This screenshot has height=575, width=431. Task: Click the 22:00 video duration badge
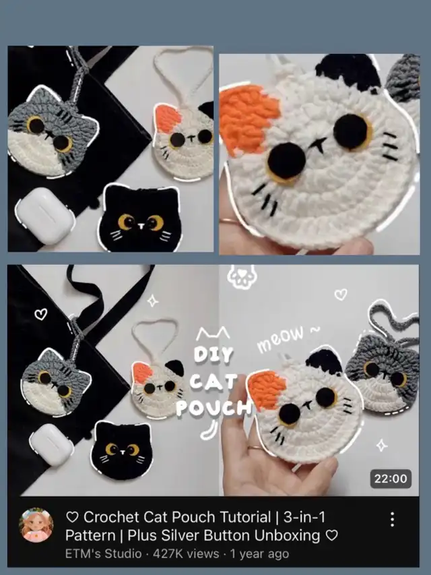(x=391, y=479)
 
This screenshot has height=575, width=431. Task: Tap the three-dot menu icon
(x=392, y=519)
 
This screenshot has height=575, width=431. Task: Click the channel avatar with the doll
(x=36, y=525)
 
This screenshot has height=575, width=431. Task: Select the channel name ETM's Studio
(x=103, y=553)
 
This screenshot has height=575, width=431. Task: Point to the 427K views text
(x=186, y=553)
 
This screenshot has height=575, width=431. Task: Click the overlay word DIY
(x=213, y=355)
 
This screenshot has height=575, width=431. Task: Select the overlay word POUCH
(x=213, y=408)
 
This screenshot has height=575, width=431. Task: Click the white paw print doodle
(x=241, y=276)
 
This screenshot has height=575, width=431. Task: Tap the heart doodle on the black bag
(x=40, y=314)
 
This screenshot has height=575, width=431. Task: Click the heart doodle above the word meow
(x=341, y=294)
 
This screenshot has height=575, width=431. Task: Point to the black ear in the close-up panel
(x=347, y=72)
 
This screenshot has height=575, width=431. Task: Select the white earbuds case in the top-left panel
(x=45, y=216)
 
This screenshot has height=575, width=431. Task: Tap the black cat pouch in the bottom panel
(x=121, y=450)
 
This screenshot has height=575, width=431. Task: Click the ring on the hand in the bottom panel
(x=256, y=448)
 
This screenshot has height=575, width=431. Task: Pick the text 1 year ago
(x=259, y=553)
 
